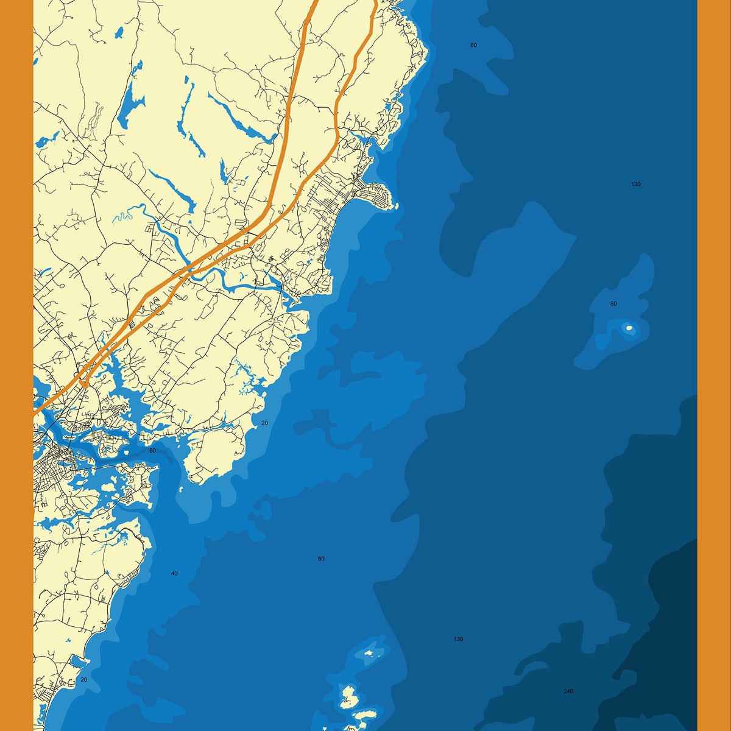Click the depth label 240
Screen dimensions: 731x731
[568, 691]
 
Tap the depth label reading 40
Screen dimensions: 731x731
[174, 573]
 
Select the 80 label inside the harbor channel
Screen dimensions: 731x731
[152, 451]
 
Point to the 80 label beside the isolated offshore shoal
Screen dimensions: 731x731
[613, 303]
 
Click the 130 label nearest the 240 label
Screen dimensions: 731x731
[458, 639]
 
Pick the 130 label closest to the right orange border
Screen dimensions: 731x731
[636, 184]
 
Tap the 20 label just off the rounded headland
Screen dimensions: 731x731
[264, 423]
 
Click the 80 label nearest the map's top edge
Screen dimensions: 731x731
[473, 45]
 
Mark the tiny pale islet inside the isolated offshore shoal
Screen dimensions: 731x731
[629, 329]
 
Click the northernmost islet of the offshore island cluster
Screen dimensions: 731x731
[369, 654]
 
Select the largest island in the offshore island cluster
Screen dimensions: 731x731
[348, 696]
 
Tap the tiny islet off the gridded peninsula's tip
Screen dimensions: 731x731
[397, 207]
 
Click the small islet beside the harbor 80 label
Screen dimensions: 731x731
[127, 452]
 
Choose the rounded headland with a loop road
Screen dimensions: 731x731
[213, 451]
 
